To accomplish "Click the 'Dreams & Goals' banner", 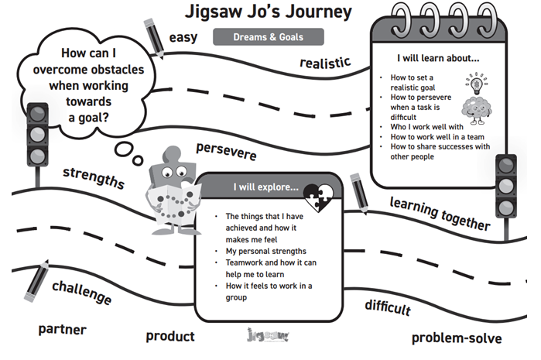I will click(268, 36).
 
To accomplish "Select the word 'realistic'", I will click(325, 63).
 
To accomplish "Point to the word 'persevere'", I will click(226, 150).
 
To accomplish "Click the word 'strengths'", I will click(93, 177).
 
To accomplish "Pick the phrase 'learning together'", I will click(440, 214).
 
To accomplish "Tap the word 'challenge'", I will click(81, 293).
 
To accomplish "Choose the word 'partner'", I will click(63, 329).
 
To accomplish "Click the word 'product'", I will click(170, 336).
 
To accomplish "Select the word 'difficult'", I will click(387, 307).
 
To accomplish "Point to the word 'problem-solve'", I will click(456, 338).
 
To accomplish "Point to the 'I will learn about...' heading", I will click(438, 58).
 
